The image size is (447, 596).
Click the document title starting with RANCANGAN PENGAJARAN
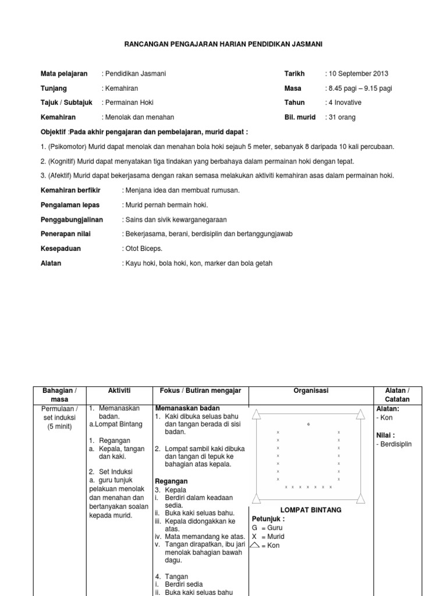click(223, 44)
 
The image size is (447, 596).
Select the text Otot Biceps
click(143, 249)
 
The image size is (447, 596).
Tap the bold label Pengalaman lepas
click(70, 205)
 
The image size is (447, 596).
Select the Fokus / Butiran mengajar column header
click(200, 391)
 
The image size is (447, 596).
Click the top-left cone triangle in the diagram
click(258, 414)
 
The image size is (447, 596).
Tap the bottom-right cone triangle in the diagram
click(360, 496)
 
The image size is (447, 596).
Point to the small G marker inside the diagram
click(308, 424)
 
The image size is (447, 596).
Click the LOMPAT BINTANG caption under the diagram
click(311, 510)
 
